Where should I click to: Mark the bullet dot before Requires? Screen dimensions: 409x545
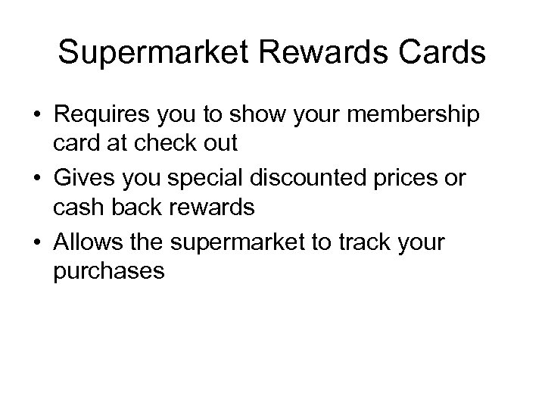36,115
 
